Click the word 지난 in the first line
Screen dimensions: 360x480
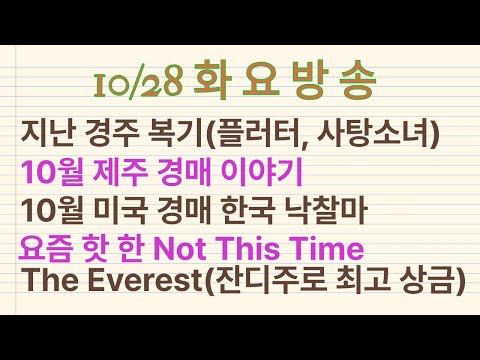tap(43, 130)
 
